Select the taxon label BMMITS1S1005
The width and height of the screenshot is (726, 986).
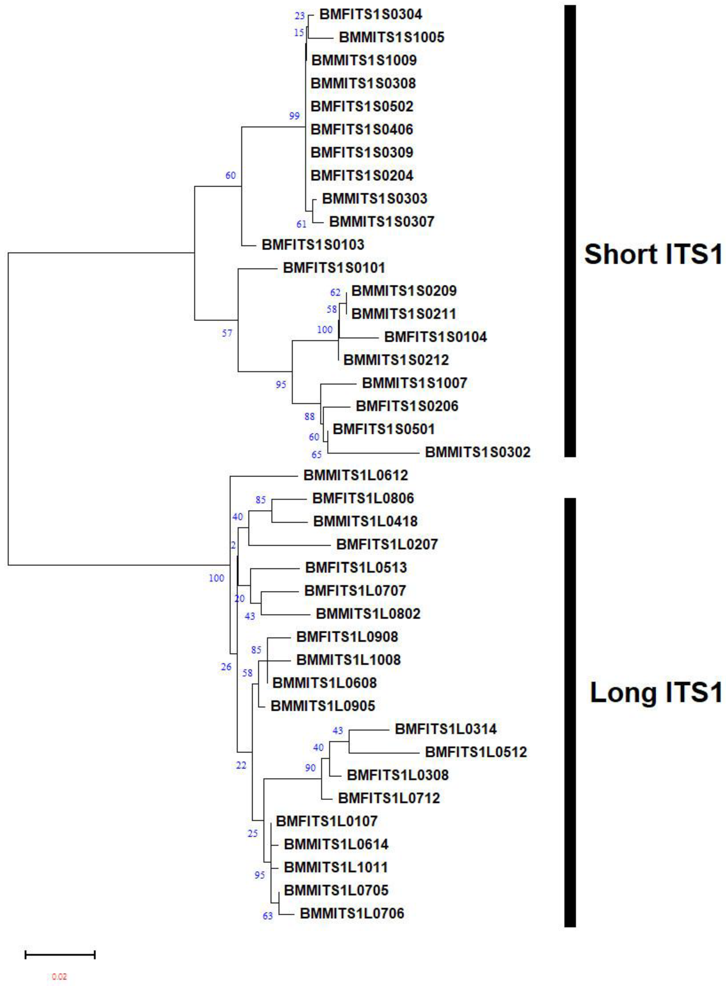pyautogui.click(x=391, y=37)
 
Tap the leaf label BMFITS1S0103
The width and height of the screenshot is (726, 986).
pyautogui.click(x=313, y=244)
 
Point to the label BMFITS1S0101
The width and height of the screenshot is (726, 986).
pyautogui.click(x=334, y=268)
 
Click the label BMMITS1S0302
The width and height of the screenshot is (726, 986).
pyautogui.click(x=478, y=452)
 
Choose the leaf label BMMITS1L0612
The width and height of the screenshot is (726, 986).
pyautogui.click(x=355, y=475)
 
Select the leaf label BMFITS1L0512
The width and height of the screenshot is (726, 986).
pyautogui.click(x=476, y=752)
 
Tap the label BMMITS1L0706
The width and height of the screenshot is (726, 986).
pyautogui.click(x=352, y=913)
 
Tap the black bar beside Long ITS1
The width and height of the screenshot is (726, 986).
pyautogui.click(x=570, y=711)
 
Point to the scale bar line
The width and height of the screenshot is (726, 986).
pyautogui.click(x=60, y=954)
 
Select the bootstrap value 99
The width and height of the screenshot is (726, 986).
pyautogui.click(x=294, y=116)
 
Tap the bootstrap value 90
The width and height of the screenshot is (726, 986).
pyautogui.click(x=310, y=768)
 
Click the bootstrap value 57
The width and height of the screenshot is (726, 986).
pyautogui.click(x=227, y=333)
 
